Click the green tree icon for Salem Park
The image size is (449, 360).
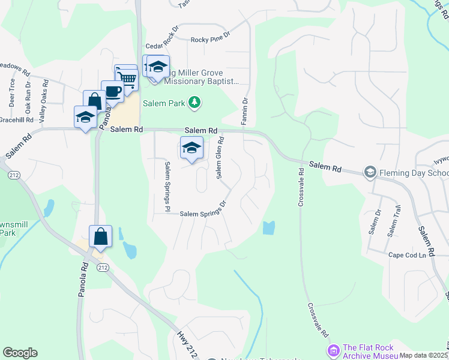pyautogui.click(x=194, y=103)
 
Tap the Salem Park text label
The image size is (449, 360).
pyautogui.click(x=163, y=103)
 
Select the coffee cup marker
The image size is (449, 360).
pyautogui.click(x=112, y=91)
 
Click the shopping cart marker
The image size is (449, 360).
pyautogui.click(x=126, y=77)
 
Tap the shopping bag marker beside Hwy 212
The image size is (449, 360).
pyautogui.click(x=100, y=236)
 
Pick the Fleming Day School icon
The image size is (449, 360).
pyautogui.click(x=370, y=173)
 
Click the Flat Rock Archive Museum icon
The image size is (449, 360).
pyautogui.click(x=333, y=350)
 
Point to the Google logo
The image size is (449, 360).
pyautogui.click(x=20, y=353)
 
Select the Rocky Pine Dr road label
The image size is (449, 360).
pyautogui.click(x=211, y=40)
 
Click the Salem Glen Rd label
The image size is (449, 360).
pyautogui.click(x=220, y=157)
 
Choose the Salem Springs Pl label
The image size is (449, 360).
pyautogui.click(x=167, y=187)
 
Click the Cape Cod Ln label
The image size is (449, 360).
pyautogui.click(x=407, y=255)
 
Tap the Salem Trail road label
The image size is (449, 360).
pyautogui.click(x=393, y=224)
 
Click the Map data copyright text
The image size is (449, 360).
pyautogui.click(x=424, y=355)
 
